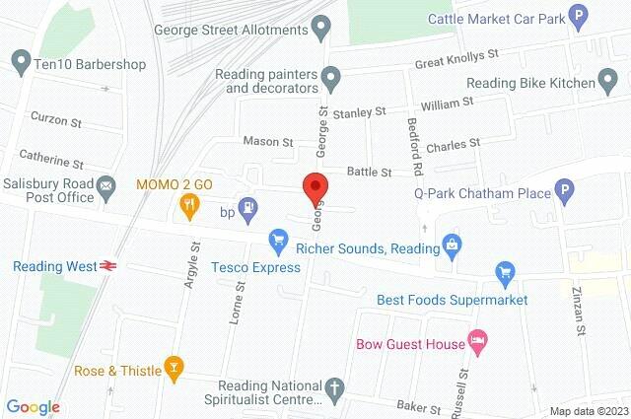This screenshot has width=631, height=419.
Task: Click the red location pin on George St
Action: pos(315,186)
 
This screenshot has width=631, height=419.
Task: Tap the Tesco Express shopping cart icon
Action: pos(279,240)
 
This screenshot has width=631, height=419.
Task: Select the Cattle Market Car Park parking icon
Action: pos(581,17)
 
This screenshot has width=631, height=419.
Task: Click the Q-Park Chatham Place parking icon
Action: pos(564,192)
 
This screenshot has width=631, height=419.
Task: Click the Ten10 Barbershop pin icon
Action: pos(20,65)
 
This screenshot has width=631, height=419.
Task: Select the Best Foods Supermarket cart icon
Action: pos(506,271)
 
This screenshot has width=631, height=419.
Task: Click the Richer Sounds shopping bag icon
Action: pos(452,242)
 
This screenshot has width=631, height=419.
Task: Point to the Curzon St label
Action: pos(55,121)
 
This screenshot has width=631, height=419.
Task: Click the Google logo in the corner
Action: pos(33,406)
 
